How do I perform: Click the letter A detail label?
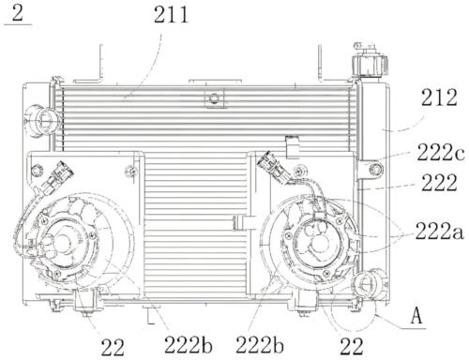(417, 317)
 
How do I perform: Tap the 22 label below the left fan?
(113, 347)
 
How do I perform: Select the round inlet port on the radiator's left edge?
(39, 119)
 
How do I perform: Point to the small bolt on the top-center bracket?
(215, 97)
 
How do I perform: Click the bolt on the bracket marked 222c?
(375, 169)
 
